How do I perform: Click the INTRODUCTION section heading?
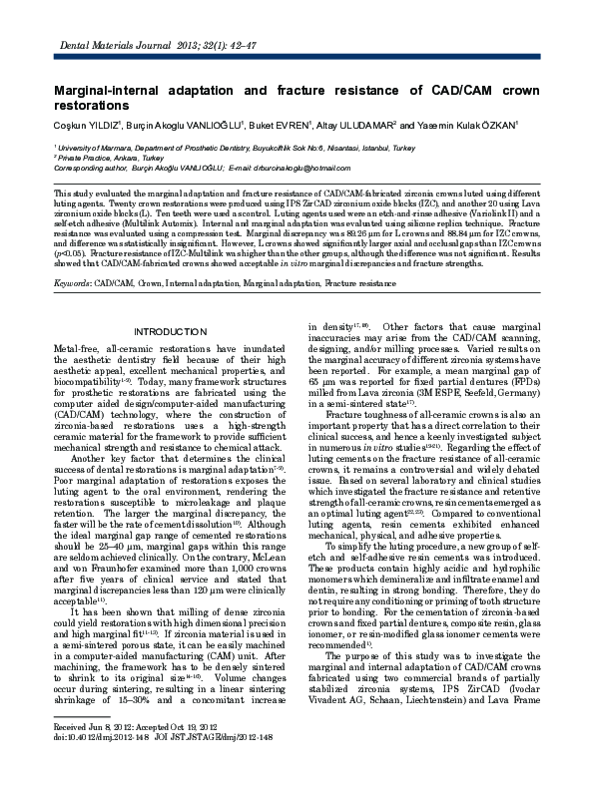click(x=170, y=330)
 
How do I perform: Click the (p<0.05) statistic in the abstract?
click(x=67, y=256)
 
